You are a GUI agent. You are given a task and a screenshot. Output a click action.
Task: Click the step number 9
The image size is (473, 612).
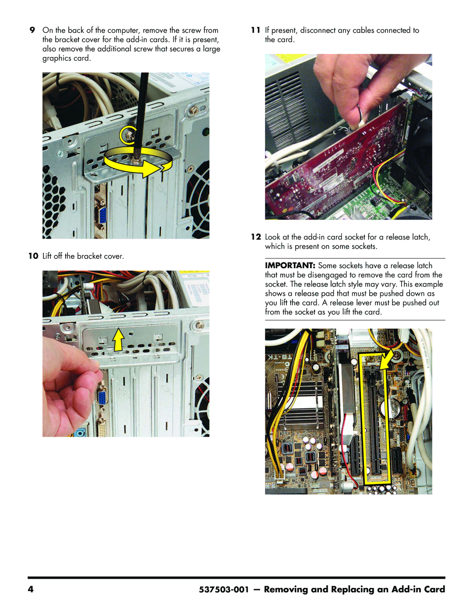(x=32, y=30)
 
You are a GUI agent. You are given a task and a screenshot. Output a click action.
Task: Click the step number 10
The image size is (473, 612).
(x=33, y=256)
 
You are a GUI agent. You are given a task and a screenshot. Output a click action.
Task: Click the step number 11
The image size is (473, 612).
(x=256, y=30)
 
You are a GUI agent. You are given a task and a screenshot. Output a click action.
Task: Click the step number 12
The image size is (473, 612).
(x=256, y=237)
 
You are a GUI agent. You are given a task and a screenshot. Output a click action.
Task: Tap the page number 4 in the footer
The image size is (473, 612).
(x=31, y=589)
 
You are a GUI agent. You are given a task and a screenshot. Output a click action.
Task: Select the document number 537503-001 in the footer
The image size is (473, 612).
(x=224, y=589)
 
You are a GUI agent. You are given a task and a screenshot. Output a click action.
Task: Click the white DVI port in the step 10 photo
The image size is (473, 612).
(x=102, y=427)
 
